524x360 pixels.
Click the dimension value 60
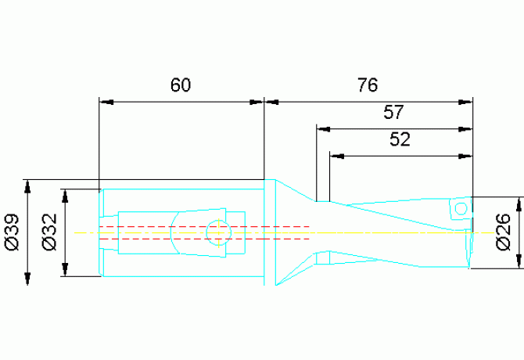181,85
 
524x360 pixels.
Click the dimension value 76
368,85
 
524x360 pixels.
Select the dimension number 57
393,112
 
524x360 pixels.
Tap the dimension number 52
400,139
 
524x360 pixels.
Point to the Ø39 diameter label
13,232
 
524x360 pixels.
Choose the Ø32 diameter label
50,232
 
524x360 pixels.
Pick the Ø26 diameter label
504,232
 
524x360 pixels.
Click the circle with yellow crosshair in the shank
218,232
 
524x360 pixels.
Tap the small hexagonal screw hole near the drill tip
461,209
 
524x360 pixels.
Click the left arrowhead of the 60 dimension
106,103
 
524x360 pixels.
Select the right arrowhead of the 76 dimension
465,103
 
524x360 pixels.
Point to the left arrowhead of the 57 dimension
324,129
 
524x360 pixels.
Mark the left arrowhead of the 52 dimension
336,156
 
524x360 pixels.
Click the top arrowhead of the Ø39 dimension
27,186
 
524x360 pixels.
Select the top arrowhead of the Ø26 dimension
519,204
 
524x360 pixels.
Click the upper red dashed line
204,227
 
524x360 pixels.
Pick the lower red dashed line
204,239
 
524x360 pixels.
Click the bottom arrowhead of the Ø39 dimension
27,279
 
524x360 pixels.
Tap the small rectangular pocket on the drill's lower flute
323,257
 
